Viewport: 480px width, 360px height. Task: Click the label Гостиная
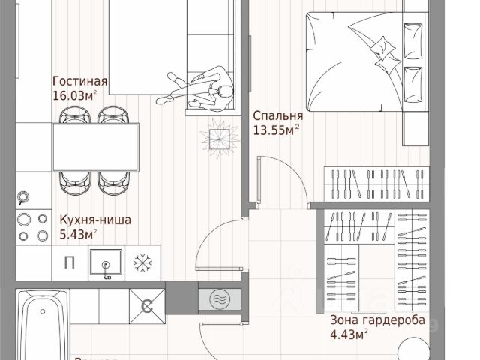[x=80, y=82]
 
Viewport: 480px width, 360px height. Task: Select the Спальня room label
[x=277, y=116]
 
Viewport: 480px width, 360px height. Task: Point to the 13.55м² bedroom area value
[x=277, y=130]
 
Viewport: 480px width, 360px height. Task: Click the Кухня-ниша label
[x=95, y=220]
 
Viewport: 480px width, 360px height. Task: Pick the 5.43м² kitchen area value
[x=79, y=235]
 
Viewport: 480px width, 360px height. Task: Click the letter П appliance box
[x=70, y=262]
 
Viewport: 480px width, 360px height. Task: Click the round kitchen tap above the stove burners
[x=23, y=197]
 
